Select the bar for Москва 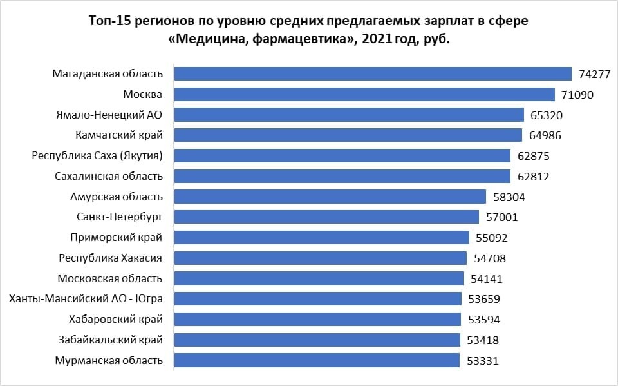point(365,95)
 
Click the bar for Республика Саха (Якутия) point(343,156)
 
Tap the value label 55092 point(492,238)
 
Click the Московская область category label point(110,278)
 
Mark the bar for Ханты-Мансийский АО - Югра point(319,299)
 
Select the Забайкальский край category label point(111,340)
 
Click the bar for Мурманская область point(317,360)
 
